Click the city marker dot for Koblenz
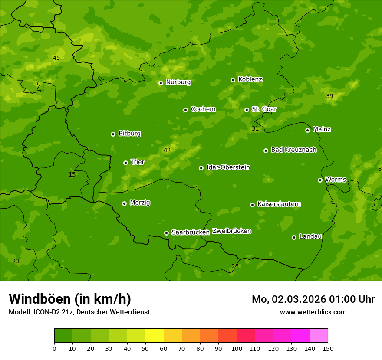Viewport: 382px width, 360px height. point(233,80)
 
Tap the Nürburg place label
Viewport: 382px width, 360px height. point(178,82)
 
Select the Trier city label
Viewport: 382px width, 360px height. point(138,162)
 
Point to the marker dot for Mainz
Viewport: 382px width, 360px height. point(308,130)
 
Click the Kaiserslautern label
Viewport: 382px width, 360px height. point(279,204)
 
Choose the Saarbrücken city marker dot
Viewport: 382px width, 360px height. point(166,233)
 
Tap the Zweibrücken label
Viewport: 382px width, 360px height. point(231,231)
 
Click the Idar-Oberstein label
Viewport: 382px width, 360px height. point(228,167)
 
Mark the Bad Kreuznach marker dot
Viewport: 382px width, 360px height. point(266,151)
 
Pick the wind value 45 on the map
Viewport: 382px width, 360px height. point(56,58)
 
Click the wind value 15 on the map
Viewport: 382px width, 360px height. point(72,174)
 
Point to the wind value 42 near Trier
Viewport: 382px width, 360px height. point(167,150)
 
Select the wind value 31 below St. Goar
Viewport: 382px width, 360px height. point(255,128)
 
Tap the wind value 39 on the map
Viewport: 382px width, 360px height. point(329,96)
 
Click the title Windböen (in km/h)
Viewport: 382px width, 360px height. point(70,299)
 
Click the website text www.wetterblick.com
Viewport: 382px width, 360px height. point(313,312)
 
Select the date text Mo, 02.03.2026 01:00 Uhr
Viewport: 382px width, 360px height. point(313,299)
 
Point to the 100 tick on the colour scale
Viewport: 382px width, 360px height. point(237,348)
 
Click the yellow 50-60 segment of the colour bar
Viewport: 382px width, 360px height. point(155,336)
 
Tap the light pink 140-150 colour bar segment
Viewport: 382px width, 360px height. point(319,336)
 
